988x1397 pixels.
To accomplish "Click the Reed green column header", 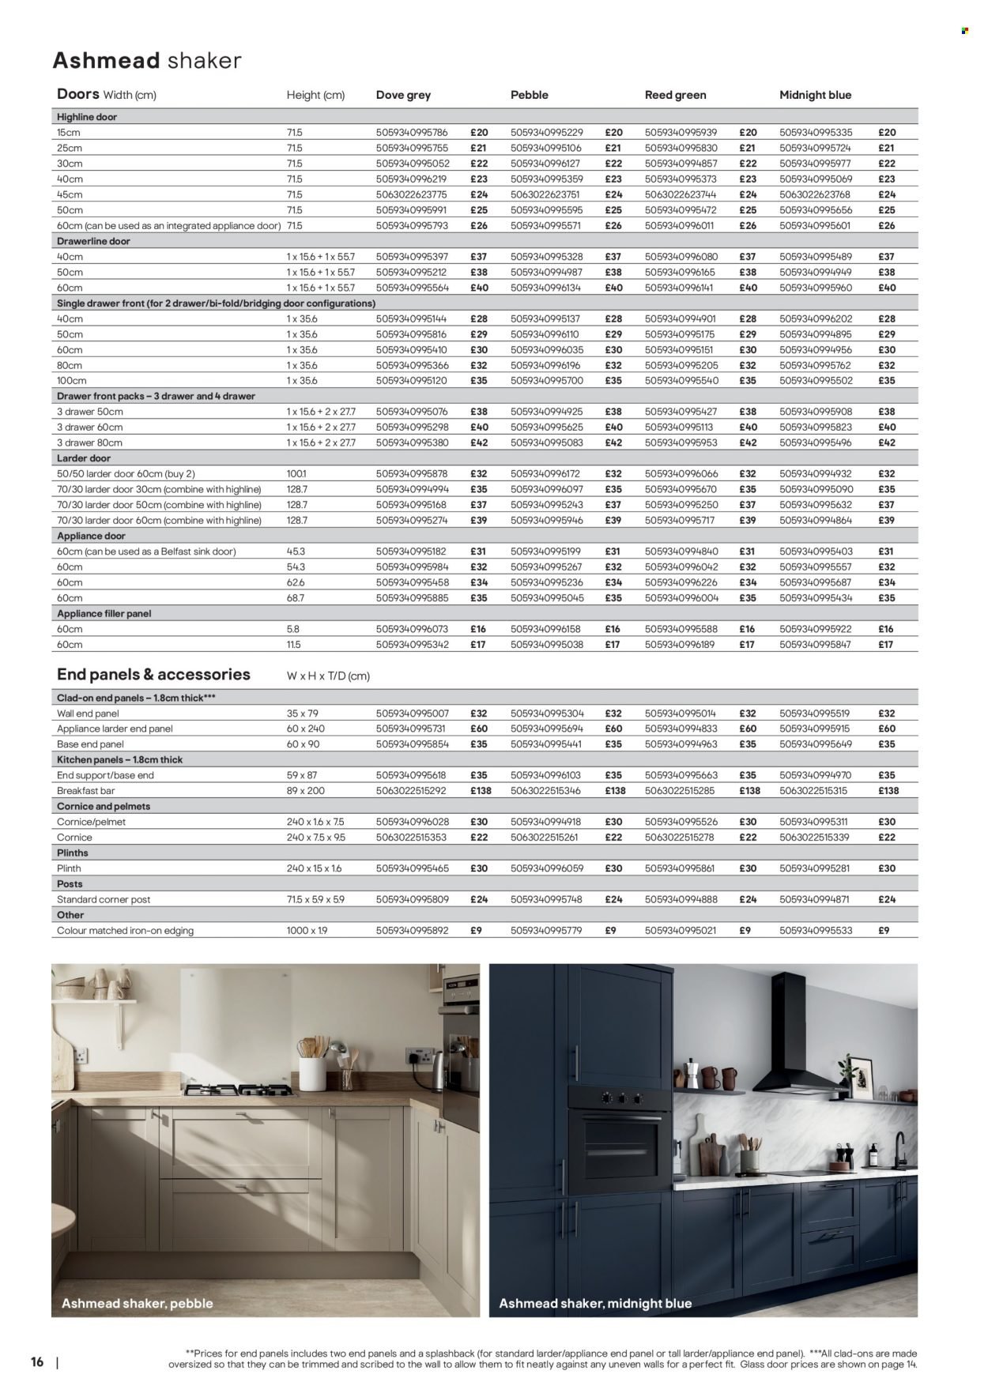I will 675,95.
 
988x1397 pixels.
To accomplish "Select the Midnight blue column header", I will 815,95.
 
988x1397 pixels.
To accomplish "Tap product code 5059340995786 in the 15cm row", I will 411,133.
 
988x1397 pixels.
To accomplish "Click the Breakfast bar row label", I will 86,791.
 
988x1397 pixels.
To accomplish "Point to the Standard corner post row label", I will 104,899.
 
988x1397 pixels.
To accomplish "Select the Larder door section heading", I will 84,458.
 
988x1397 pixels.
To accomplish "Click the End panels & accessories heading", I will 153,675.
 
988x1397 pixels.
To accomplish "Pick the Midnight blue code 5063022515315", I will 816,791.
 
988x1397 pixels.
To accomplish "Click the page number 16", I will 36,1362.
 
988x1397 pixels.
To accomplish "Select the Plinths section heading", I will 73,853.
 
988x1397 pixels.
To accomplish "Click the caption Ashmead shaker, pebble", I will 138,1303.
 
